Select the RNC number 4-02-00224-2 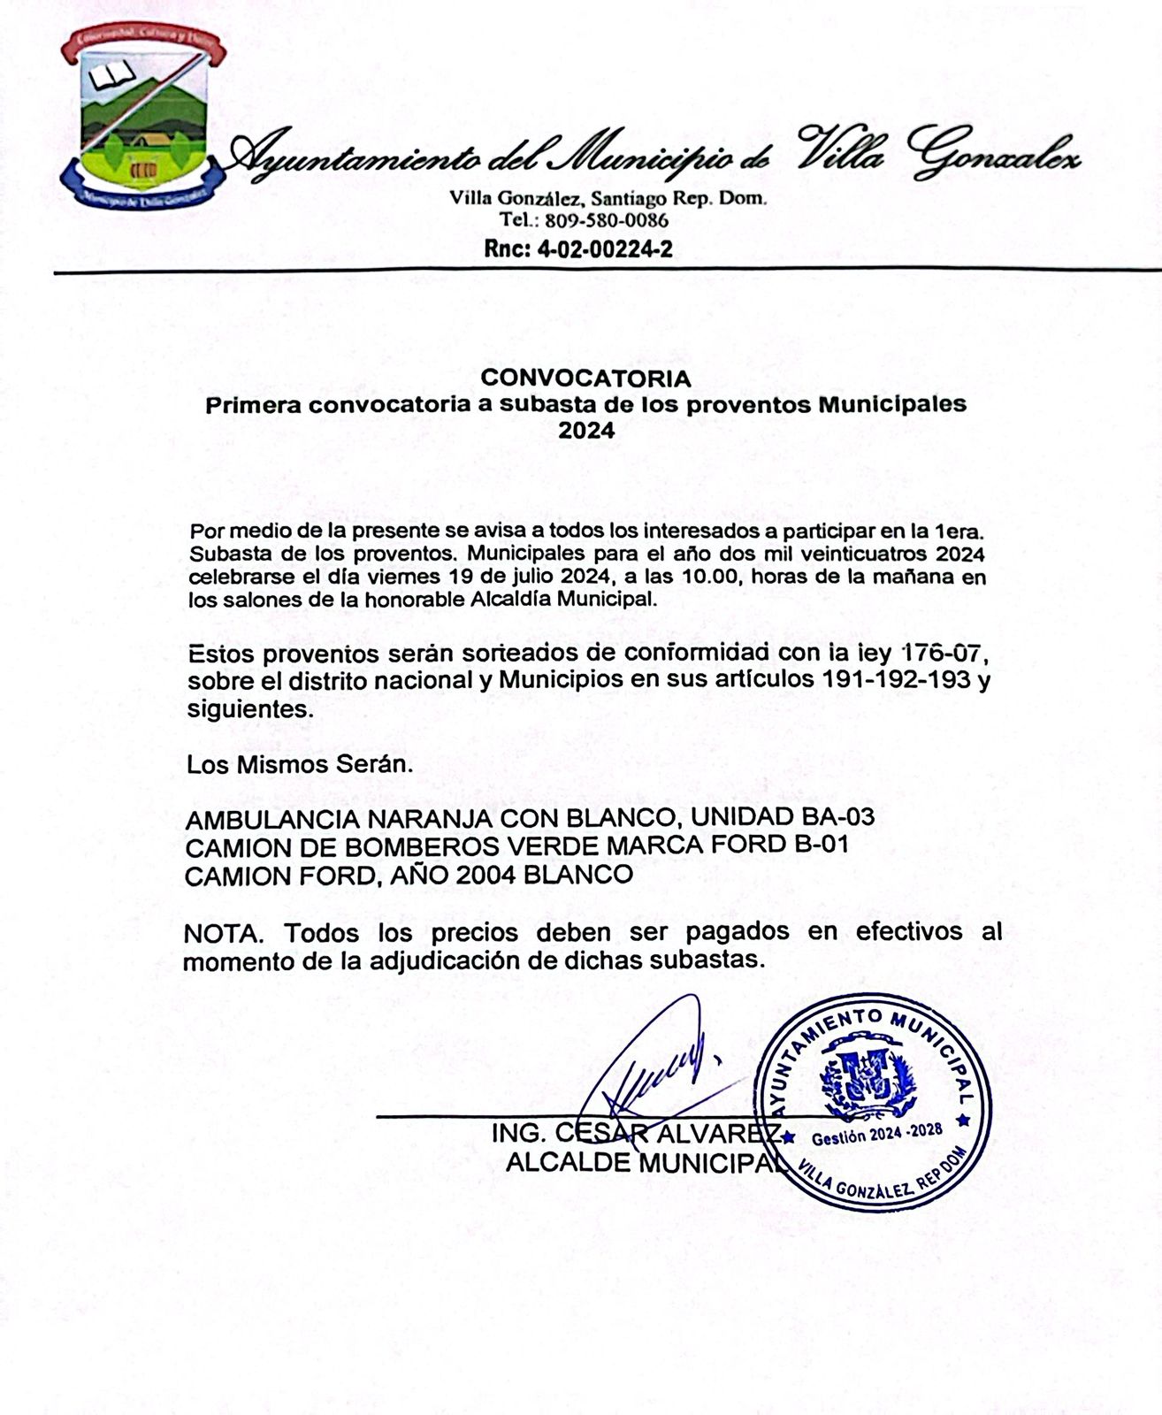coord(605,249)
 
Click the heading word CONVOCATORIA coord(585,379)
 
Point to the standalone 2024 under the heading coord(586,432)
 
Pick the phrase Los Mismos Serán coord(300,764)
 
